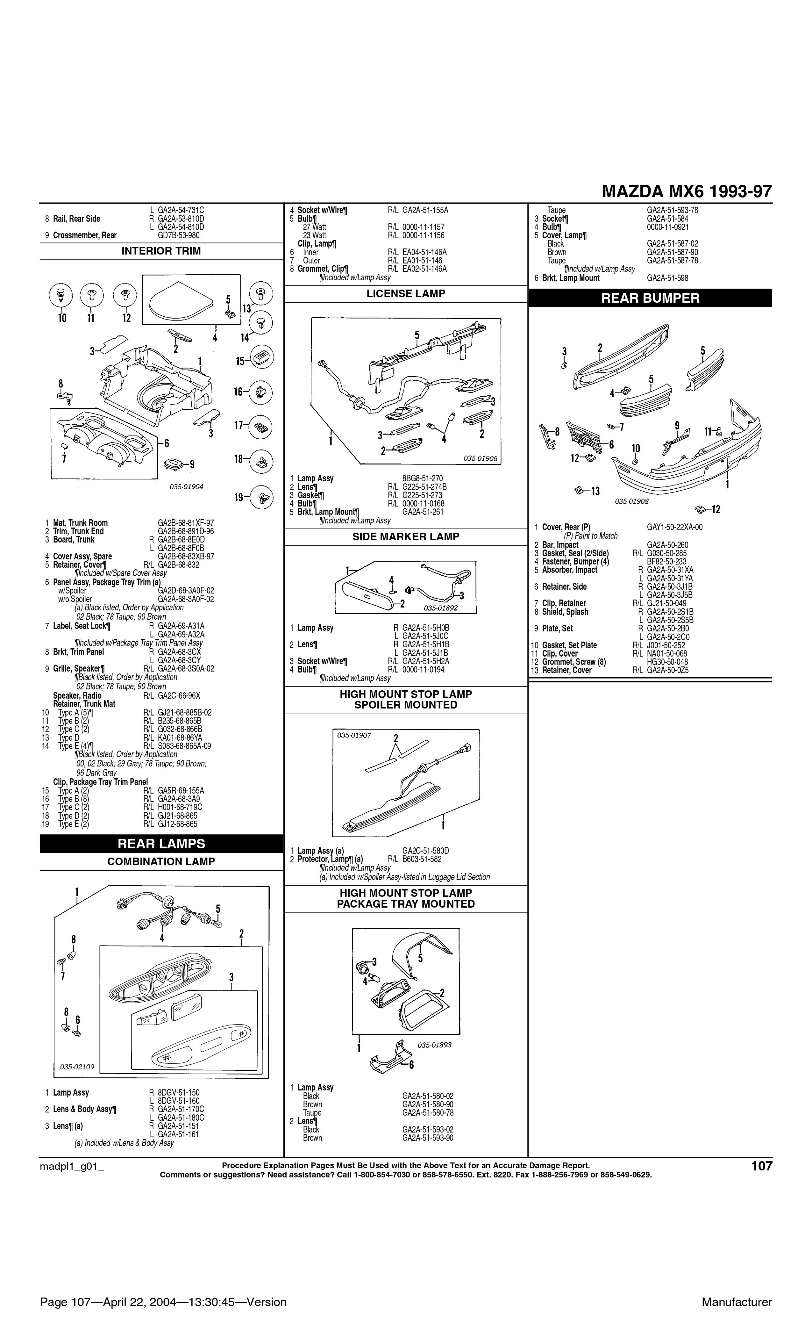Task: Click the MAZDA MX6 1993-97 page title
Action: coord(687,192)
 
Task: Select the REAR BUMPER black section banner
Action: coord(650,298)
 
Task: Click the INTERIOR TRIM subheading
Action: coord(161,251)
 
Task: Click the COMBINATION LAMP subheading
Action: coord(161,862)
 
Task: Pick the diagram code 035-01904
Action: coord(186,487)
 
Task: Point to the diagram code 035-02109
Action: coord(77,1067)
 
